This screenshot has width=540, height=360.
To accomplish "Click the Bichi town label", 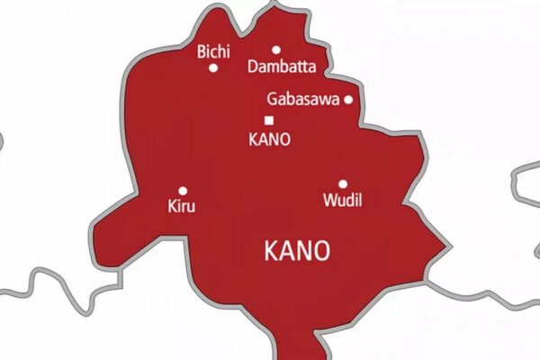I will point(211,52).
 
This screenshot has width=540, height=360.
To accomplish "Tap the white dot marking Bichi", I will point(213,67).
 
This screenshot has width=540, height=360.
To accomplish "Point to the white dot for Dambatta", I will point(276,50).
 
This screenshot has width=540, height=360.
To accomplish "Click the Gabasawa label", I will point(303,100).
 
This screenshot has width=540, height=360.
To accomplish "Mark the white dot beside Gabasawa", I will point(348,100).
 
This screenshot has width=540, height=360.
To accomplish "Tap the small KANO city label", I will point(269,139).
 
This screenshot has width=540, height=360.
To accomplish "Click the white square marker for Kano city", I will point(268,121).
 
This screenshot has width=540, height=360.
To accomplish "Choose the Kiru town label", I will point(181,206).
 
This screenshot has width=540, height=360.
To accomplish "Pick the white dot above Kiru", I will point(183,190).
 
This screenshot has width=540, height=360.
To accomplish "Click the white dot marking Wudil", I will point(343,184).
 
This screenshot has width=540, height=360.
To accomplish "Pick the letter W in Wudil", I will point(328,200).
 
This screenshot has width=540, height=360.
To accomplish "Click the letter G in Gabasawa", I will point(272,100).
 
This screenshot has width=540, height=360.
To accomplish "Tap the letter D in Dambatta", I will point(251,67).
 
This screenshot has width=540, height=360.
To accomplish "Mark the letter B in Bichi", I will point(201,52).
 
